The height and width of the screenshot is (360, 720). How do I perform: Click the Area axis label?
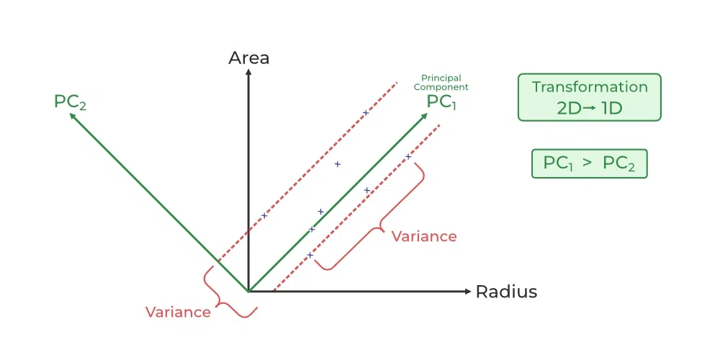(x=248, y=58)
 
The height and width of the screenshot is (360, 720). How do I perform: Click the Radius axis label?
(x=506, y=292)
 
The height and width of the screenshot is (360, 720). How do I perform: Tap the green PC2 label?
(x=71, y=102)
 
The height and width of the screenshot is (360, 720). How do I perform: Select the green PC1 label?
(x=441, y=102)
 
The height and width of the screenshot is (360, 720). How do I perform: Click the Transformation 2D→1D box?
(x=590, y=96)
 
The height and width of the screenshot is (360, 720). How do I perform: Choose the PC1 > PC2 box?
(x=590, y=163)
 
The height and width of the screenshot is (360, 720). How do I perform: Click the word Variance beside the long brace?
(x=424, y=236)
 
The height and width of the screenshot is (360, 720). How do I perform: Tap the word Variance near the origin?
(x=178, y=312)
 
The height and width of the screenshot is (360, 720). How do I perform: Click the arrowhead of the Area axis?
(x=248, y=71)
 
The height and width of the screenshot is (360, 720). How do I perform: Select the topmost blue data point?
(x=366, y=112)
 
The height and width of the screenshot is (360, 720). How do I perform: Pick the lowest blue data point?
(x=310, y=255)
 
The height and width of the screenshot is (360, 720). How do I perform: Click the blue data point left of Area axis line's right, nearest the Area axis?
(x=264, y=215)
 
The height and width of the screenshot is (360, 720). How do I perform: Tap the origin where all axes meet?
(x=248, y=292)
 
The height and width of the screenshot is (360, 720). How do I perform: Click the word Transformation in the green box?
(x=590, y=87)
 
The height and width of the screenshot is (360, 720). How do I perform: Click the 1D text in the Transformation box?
(x=609, y=108)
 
